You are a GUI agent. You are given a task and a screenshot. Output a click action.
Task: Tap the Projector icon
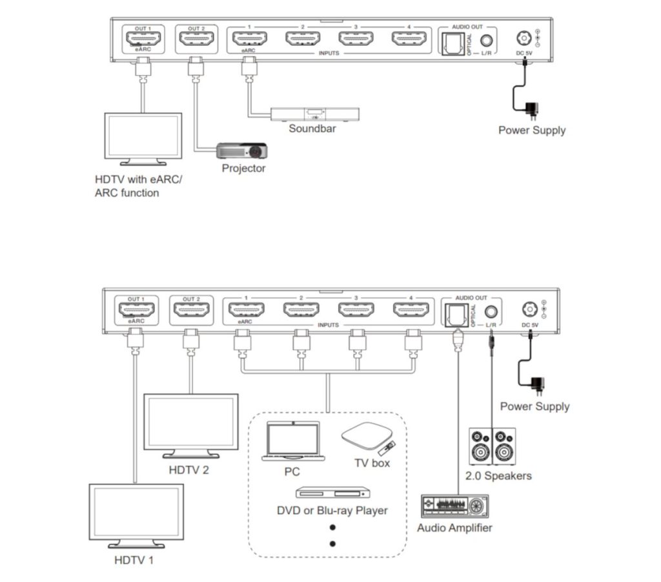tap(241, 151)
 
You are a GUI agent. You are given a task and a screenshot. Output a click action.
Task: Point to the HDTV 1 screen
tap(136, 513)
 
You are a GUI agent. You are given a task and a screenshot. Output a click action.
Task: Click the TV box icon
tap(365, 437)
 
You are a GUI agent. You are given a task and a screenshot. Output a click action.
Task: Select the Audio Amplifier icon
tap(454, 506)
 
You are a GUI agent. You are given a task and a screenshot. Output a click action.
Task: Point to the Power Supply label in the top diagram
tap(532, 130)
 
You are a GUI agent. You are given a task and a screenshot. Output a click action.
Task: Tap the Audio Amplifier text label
tap(454, 528)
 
